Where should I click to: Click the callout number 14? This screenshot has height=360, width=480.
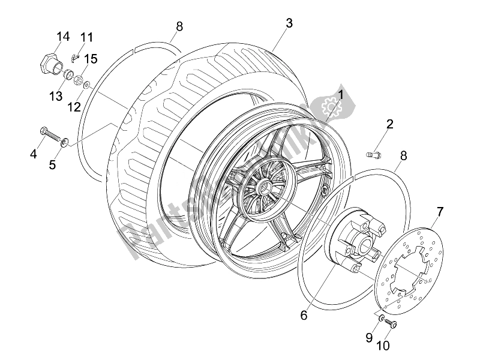pyautogui.click(x=63, y=37)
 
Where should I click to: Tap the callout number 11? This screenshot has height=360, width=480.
pyautogui.click(x=88, y=37)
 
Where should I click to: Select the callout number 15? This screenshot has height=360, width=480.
pyautogui.click(x=91, y=58)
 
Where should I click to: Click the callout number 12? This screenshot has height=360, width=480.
pyautogui.click(x=74, y=107)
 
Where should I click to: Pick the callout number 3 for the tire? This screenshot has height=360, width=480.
pyautogui.click(x=289, y=23)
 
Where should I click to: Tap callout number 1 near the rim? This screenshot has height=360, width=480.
pyautogui.click(x=340, y=95)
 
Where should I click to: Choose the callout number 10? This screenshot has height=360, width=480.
pyautogui.click(x=383, y=346)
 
